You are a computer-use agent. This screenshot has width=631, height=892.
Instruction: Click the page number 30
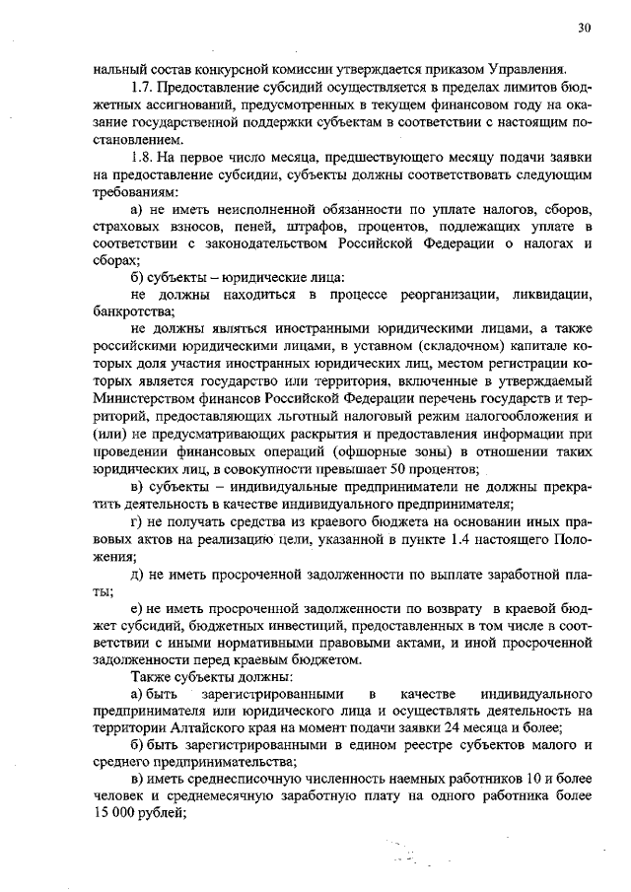coord(584,29)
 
